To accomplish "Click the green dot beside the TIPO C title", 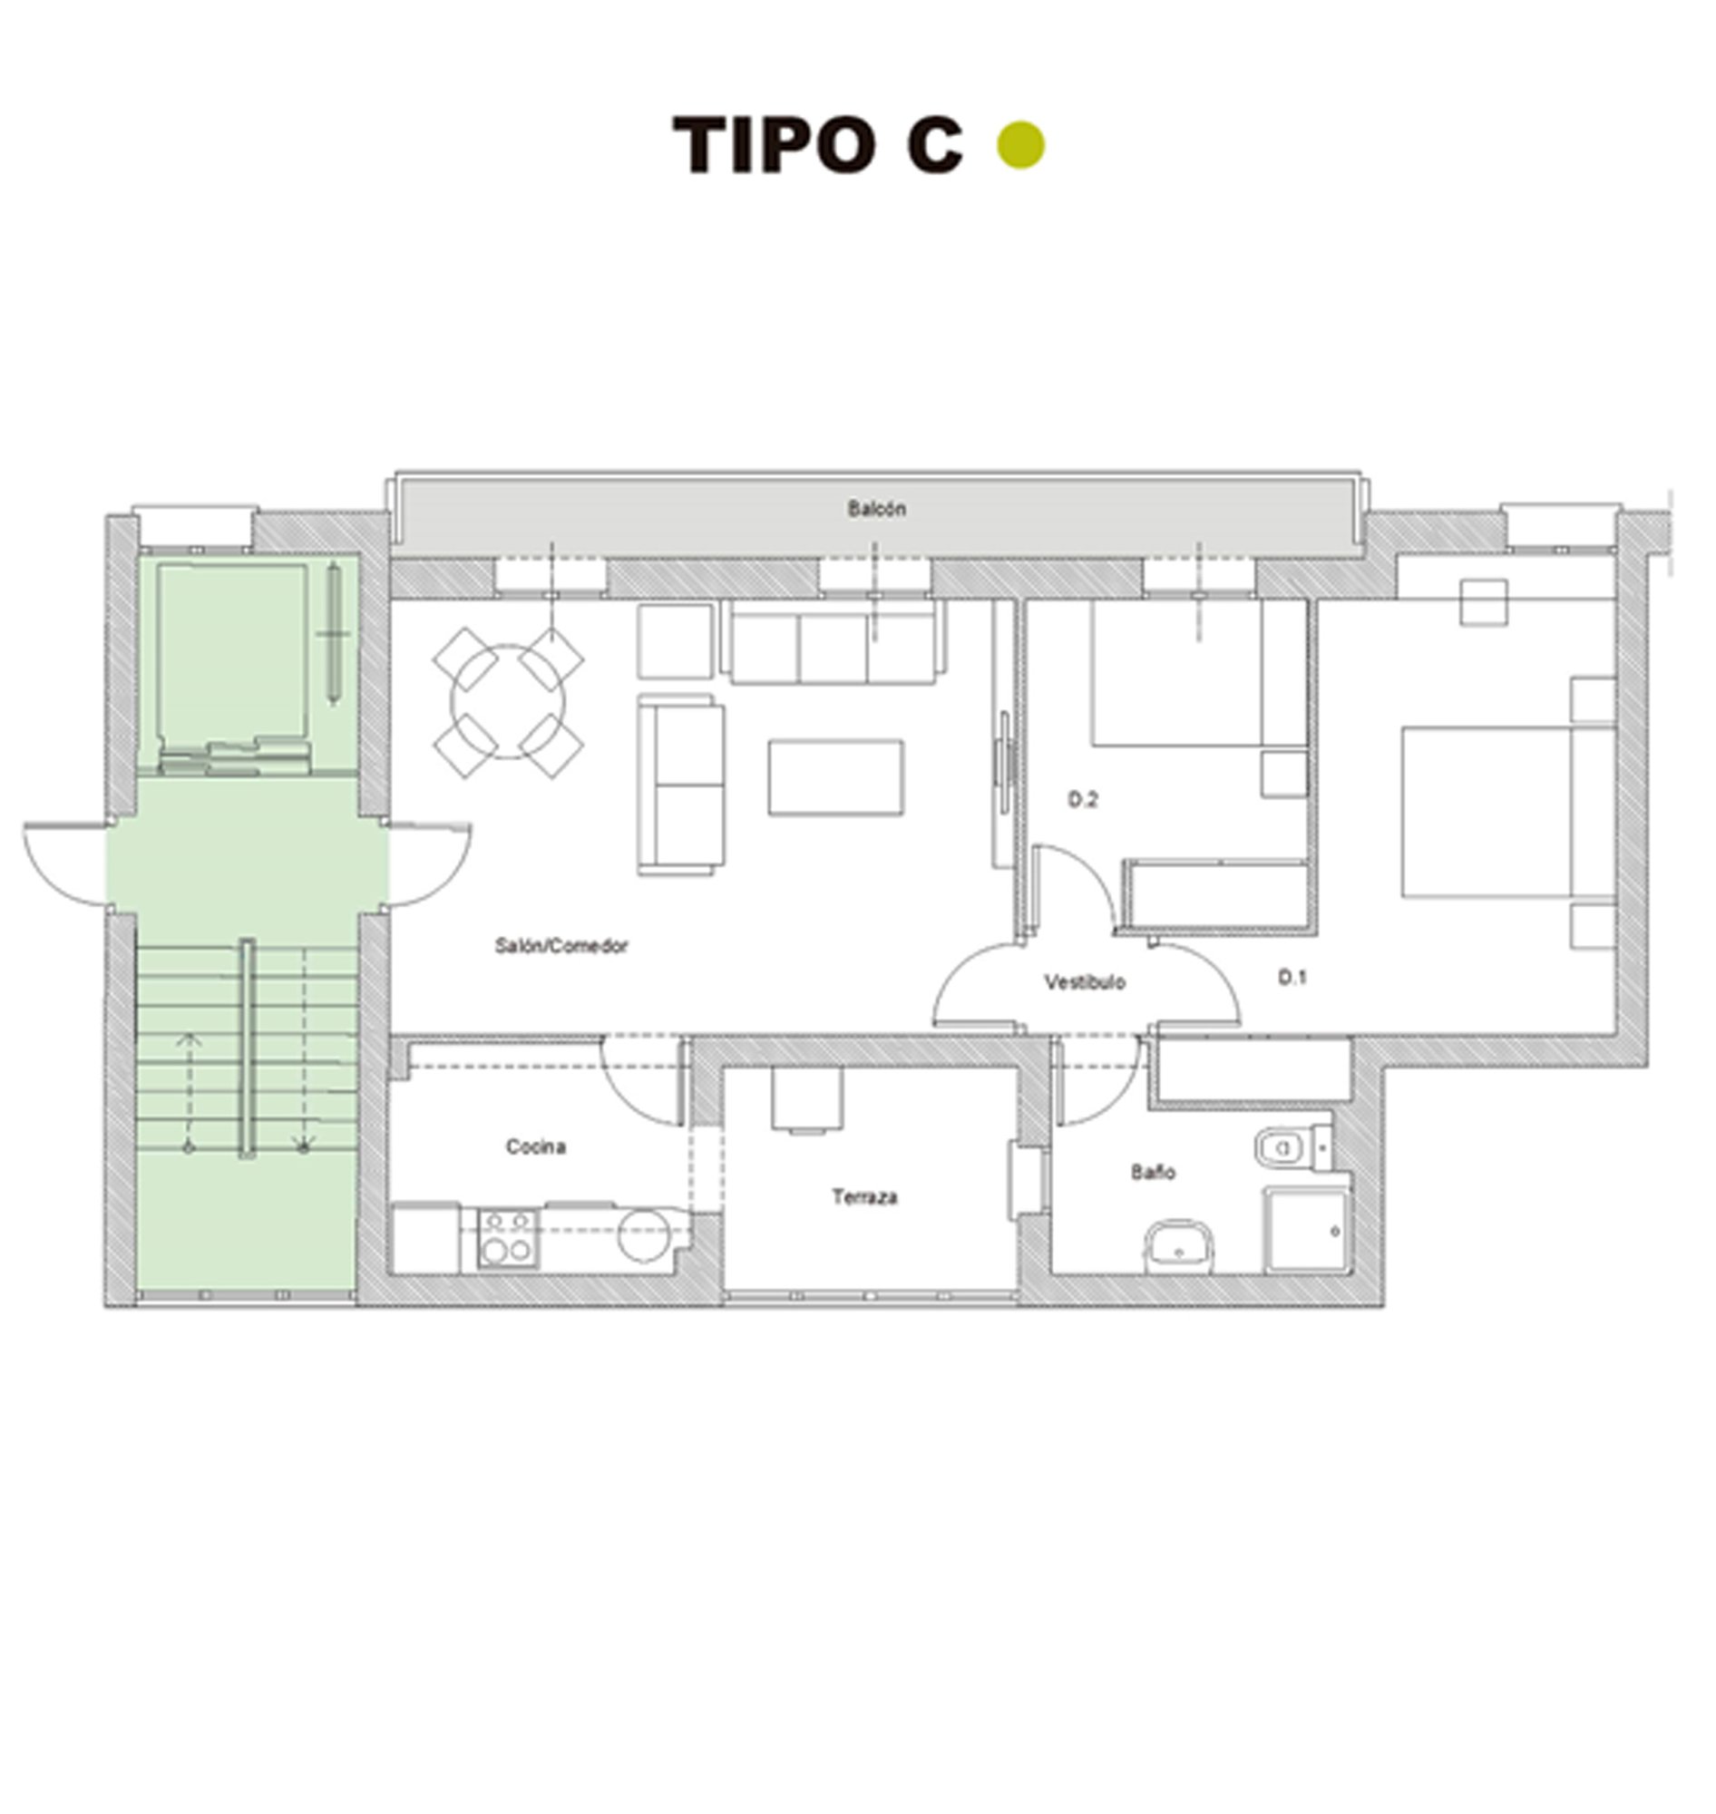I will tap(1020, 145).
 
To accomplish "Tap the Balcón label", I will tap(876, 509).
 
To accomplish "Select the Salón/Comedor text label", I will tap(561, 946).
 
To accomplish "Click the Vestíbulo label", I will tap(1085, 982).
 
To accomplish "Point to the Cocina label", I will tap(536, 1146).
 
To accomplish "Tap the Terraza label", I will tap(864, 1196).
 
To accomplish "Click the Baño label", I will tap(1153, 1172).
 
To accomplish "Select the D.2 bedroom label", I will tap(1083, 799).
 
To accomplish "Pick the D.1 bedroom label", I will tap(1292, 978).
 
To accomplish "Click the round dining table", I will tap(508, 702).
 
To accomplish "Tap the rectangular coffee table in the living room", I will tap(835, 777).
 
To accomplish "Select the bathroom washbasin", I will tap(1180, 1245).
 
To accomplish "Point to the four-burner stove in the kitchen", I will tap(508, 1238).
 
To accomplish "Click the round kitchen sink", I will tap(645, 1235).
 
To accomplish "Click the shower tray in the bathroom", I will tap(1306, 1232).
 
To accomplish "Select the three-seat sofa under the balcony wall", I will tap(834, 645).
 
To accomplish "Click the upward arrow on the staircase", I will tap(190, 1039).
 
